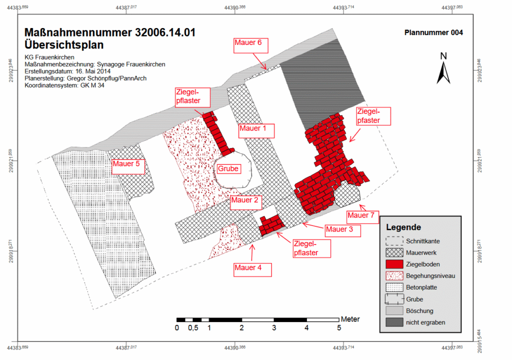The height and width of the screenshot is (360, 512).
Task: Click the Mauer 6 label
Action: click(x=251, y=45)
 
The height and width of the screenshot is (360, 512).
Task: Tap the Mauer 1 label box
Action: click(x=256, y=130)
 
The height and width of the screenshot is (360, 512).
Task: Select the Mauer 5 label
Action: click(x=128, y=166)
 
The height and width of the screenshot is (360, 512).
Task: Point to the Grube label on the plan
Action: click(x=228, y=168)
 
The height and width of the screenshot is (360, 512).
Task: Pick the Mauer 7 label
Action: click(x=362, y=217)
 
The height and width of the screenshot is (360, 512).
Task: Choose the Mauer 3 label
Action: click(x=343, y=230)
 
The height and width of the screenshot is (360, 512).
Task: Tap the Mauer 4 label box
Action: click(x=252, y=270)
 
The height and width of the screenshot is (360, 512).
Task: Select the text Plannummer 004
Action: click(x=433, y=32)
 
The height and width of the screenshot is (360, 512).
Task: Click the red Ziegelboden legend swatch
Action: click(x=394, y=264)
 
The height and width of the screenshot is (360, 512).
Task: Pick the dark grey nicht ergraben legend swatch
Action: click(x=394, y=322)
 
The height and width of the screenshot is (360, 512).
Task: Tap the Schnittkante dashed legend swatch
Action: click(x=394, y=241)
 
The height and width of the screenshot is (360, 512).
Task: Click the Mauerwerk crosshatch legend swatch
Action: click(x=394, y=252)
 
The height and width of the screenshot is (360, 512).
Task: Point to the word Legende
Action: click(x=403, y=227)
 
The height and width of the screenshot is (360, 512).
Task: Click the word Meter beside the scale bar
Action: click(x=350, y=319)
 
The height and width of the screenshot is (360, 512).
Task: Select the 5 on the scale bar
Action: click(x=339, y=327)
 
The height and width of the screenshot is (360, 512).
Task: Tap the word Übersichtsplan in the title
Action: click(x=64, y=45)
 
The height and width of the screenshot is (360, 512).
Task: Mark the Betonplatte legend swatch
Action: click(x=394, y=287)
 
